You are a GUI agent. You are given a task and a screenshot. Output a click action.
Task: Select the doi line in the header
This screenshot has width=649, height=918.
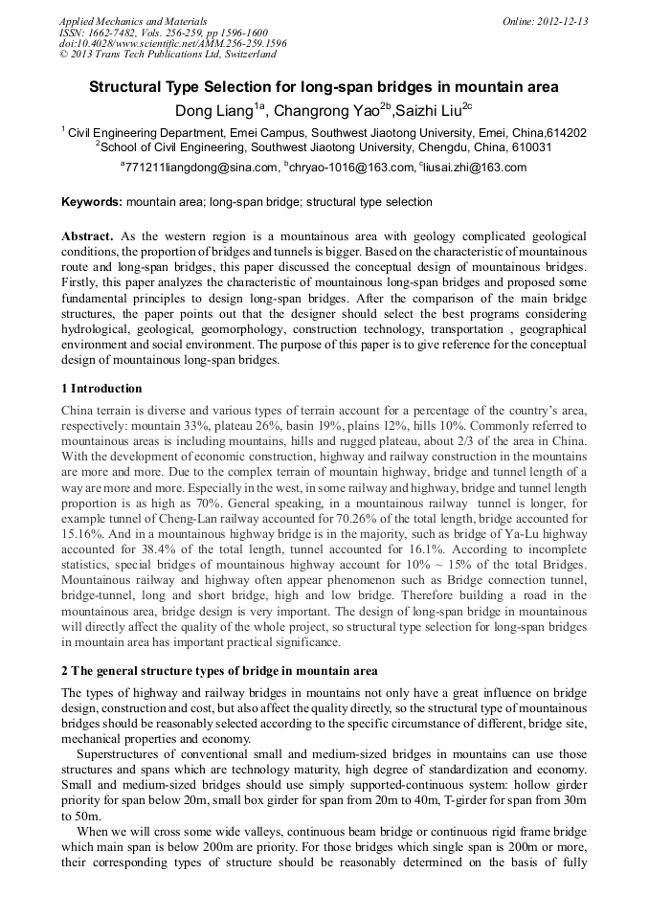(172, 43)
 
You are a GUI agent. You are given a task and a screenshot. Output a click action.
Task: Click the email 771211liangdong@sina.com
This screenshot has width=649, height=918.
(200, 168)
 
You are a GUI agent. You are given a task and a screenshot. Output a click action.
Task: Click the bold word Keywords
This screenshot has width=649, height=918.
(92, 202)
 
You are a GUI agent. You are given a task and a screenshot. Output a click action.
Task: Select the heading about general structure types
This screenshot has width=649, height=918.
(219, 670)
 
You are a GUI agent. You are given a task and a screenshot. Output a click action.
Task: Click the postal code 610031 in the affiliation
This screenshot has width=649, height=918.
(529, 147)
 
